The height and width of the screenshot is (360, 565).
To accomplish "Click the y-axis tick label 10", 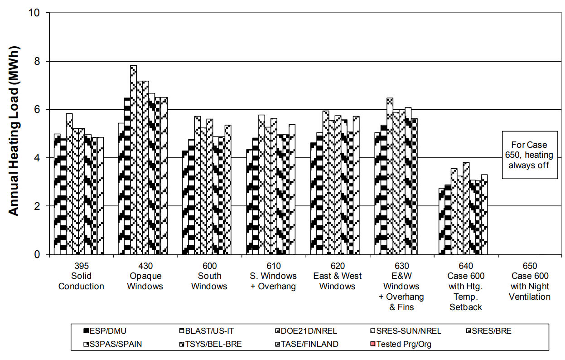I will [x=38, y=13].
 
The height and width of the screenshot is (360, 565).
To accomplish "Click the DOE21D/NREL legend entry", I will [x=307, y=331].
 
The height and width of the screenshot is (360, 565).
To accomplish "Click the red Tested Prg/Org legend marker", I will [x=372, y=344].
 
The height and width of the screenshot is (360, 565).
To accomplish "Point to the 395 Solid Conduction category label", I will [x=81, y=276].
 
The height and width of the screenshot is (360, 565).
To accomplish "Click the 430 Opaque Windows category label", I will [x=145, y=276].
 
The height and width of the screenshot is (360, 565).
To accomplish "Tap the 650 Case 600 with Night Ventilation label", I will [x=530, y=287].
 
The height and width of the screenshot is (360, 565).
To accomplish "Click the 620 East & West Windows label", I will [x=338, y=276].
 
